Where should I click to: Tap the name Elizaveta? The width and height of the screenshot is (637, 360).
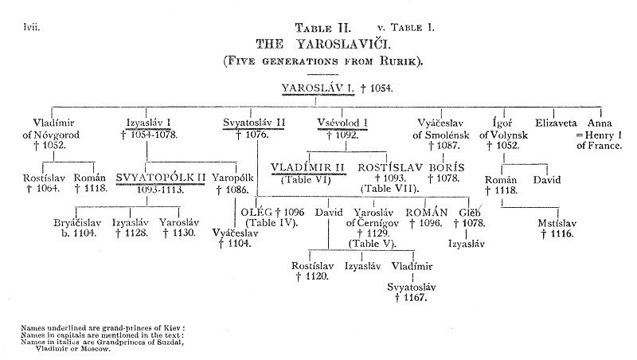point(561,123)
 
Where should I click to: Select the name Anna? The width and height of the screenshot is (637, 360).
point(600,123)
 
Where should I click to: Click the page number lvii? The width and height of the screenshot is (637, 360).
point(33,28)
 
